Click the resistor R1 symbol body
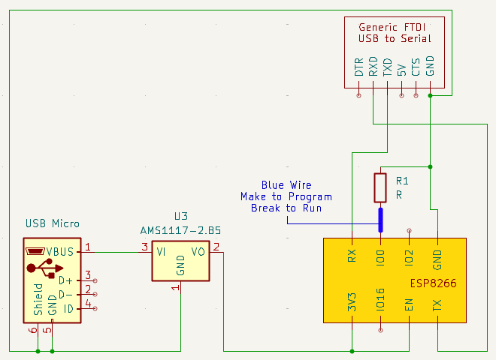380,187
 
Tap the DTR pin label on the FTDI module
359,68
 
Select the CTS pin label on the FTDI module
416,68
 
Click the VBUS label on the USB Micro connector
60,252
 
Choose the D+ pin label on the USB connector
67,280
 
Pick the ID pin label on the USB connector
68,308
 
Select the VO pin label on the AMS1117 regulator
198,252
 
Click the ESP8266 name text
434,284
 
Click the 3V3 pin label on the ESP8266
352,303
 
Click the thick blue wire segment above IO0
380,219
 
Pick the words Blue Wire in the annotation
286,185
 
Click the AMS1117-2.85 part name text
180,229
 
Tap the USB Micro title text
53,223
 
